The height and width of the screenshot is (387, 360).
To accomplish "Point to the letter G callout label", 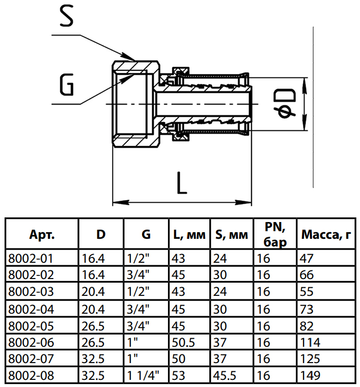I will coord(66,85).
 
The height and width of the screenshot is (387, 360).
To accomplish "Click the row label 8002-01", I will coord(30,258).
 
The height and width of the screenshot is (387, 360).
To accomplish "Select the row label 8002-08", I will coord(30,376).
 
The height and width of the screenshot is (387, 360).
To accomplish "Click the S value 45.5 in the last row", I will coord(227,376).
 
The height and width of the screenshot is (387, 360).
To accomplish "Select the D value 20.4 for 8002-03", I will coord(94,292).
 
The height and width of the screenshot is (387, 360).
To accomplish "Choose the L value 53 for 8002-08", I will coord(179,376).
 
